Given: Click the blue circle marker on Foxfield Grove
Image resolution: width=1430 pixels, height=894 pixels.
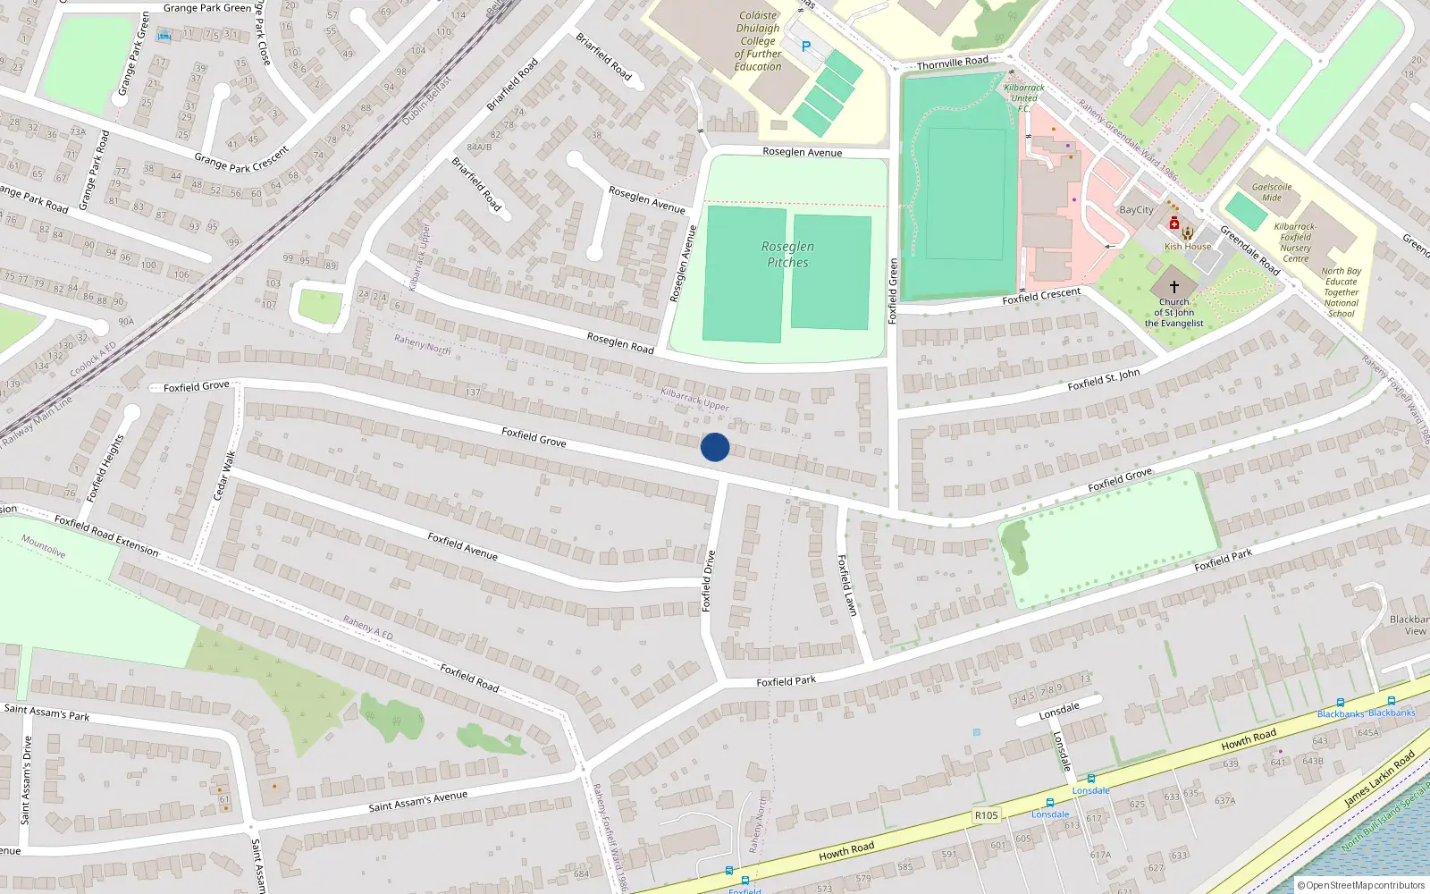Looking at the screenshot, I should [x=715, y=447].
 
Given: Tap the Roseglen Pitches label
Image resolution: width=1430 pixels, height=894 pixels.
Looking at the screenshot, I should [x=787, y=255].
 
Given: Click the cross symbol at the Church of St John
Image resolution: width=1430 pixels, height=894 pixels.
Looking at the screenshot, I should [x=1174, y=287].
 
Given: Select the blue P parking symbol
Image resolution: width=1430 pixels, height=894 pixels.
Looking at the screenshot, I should [x=806, y=46].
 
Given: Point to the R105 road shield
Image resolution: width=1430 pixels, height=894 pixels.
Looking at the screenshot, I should [x=986, y=815].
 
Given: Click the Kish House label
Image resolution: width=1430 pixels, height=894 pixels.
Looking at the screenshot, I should [x=1188, y=247].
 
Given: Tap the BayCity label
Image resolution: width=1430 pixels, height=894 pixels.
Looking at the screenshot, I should [x=1137, y=210].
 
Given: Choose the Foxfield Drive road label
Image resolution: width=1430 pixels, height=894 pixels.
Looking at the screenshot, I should [x=709, y=580].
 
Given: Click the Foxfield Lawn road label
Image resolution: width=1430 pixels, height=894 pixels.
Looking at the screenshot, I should [x=846, y=585].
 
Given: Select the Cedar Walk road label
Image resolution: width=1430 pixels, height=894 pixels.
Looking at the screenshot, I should [x=224, y=476].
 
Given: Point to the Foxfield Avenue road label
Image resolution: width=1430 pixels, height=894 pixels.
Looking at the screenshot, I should [x=462, y=545].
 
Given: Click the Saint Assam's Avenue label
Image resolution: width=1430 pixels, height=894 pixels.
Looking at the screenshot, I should [x=417, y=801].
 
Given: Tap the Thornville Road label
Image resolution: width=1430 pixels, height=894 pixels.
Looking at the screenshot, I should [x=952, y=63].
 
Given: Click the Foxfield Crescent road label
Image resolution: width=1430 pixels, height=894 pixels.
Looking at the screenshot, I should [x=1041, y=296].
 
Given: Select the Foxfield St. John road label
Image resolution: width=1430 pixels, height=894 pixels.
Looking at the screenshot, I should [x=1103, y=380].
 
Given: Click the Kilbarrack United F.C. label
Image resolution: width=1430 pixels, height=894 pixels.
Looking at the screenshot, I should [x=1024, y=98].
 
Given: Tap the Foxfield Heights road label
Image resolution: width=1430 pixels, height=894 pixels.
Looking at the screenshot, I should [x=105, y=468].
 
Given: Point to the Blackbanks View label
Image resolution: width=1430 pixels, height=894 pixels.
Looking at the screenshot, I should [x=1409, y=625].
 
